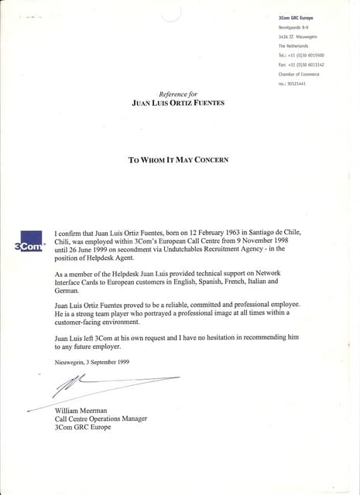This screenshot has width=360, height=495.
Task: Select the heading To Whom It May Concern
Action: [178, 160]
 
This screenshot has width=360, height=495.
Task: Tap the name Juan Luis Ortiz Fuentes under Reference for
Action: [178, 102]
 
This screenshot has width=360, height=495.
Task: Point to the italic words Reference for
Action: [178, 94]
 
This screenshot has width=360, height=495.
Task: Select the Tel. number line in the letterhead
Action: [301, 55]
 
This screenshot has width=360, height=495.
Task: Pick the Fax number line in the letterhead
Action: [301, 64]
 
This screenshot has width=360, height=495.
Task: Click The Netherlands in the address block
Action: [293, 46]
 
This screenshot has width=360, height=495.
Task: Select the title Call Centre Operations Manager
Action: [101, 419]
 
